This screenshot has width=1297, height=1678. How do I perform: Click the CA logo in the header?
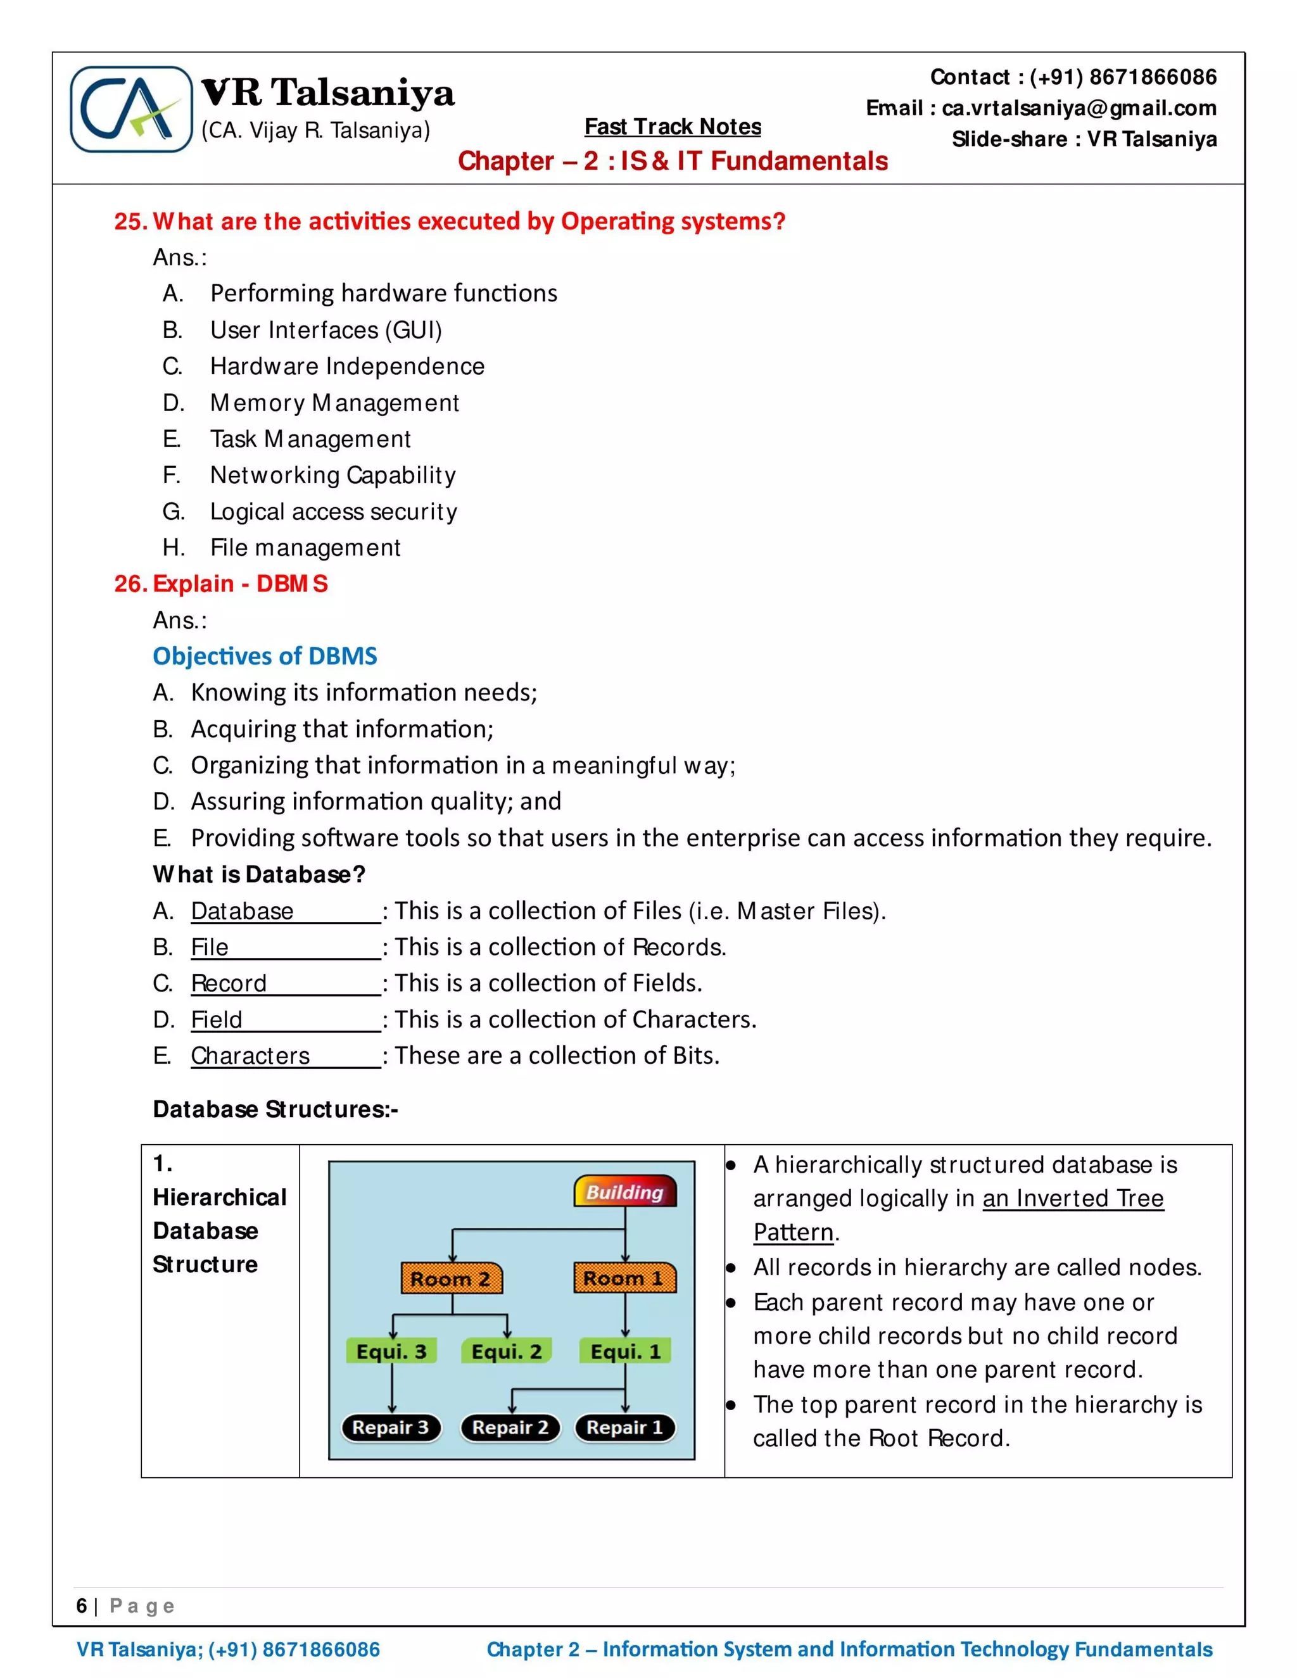(x=130, y=109)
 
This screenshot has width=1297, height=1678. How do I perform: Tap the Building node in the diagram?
(x=624, y=1191)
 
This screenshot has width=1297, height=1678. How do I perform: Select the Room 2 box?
(x=451, y=1278)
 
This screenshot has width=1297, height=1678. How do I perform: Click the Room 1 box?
(x=624, y=1278)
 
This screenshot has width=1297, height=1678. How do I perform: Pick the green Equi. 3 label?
(x=391, y=1351)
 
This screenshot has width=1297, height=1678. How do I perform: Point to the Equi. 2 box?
(x=507, y=1351)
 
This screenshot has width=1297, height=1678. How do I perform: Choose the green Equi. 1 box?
(x=624, y=1351)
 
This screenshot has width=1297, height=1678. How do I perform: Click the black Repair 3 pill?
(x=390, y=1427)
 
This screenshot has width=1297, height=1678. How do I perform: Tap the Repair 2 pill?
(x=510, y=1427)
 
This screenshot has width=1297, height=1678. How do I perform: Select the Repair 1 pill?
(x=624, y=1427)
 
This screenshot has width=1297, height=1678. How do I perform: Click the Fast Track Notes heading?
(x=673, y=127)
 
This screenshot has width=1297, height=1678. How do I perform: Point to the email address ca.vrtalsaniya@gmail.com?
(x=1079, y=108)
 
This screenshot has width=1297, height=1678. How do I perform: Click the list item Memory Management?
(x=334, y=403)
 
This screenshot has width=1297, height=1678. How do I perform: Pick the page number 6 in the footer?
(x=82, y=1606)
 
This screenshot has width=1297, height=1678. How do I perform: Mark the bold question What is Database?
(x=259, y=874)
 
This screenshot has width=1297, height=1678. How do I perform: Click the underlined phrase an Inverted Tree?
(x=1073, y=1199)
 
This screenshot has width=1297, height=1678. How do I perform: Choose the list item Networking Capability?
(x=332, y=475)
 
